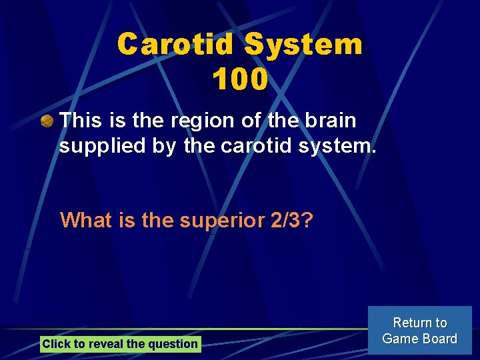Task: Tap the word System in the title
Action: [303, 45]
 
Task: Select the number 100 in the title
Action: [240, 80]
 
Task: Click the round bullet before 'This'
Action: [47, 121]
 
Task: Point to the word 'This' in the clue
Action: [80, 121]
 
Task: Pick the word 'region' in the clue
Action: [195, 121]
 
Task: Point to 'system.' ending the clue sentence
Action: [337, 145]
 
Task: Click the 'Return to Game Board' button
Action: [420, 331]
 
